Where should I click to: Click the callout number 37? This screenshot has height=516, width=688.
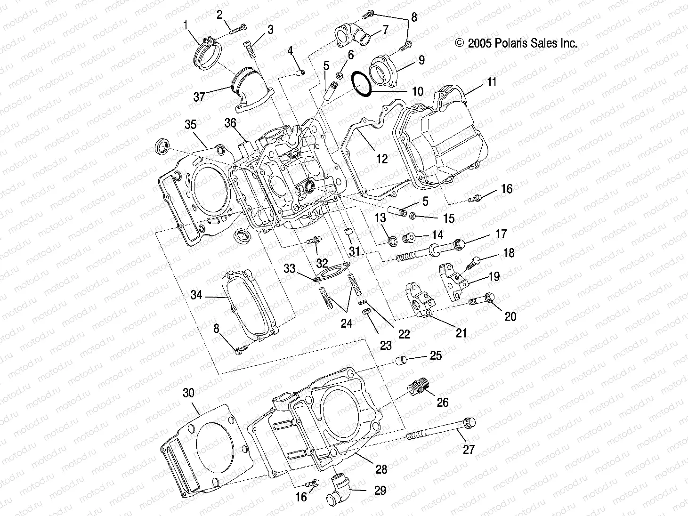coord(199,97)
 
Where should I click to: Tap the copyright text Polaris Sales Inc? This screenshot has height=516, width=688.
coord(516,43)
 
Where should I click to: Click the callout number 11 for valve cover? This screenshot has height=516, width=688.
coord(492,83)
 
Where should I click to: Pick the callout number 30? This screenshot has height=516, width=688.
coord(188,393)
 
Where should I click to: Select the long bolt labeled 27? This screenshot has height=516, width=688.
coord(440,429)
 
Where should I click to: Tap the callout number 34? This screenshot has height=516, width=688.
coord(196,295)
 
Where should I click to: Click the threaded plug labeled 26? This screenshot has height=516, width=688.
coord(418,388)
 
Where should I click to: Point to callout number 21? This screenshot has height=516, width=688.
coord(461,333)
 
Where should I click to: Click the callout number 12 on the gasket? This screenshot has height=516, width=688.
coord(382,159)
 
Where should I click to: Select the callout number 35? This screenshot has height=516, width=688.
coord(190,125)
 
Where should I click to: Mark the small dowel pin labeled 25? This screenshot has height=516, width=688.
coord(401,361)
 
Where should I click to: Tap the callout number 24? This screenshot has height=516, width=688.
coord(347,324)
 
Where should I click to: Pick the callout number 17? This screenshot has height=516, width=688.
coord(500,234)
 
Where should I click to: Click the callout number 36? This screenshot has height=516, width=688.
coord(230,123)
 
